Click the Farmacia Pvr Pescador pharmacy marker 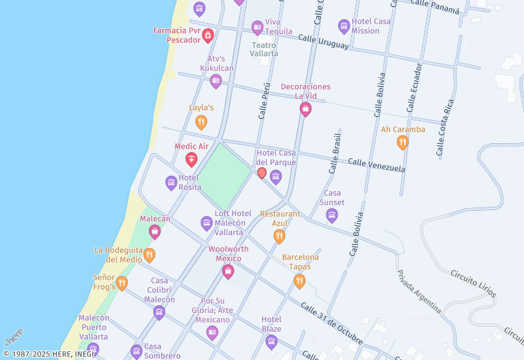(208, 35)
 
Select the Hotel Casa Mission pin (344, 26)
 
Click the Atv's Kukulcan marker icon (215, 81)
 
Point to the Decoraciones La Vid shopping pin (305, 109)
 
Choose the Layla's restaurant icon (201, 121)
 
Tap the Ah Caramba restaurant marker (403, 142)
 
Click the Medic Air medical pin (191, 158)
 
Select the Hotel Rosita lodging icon (171, 182)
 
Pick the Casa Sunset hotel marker (332, 215)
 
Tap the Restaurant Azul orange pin (280, 236)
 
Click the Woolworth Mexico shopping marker (228, 271)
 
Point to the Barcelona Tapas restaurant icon (299, 281)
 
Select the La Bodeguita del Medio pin (149, 255)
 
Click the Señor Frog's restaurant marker (122, 283)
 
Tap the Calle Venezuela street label (376, 165)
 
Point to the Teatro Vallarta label (264, 49)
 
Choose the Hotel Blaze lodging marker (271, 341)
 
